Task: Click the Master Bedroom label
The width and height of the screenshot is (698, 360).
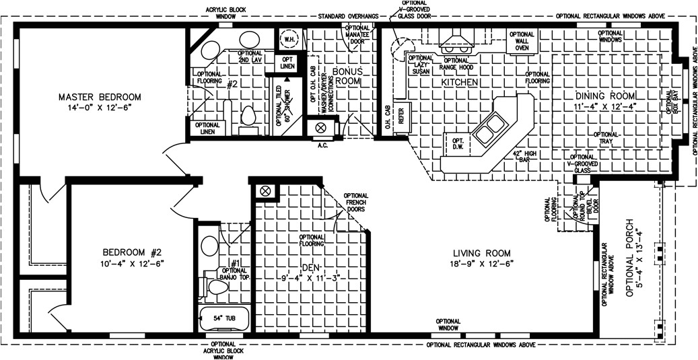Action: tap(99, 96)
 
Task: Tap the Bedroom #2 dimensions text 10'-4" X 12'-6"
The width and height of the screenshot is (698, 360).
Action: tap(127, 264)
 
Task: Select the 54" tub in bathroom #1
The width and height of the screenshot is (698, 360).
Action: tap(224, 317)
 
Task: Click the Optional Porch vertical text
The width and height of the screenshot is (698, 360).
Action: tap(633, 258)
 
